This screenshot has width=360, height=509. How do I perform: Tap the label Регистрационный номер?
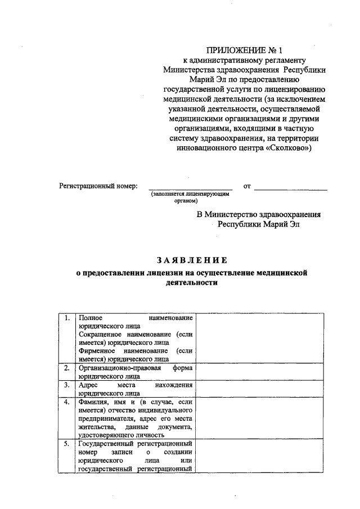coord(98,186)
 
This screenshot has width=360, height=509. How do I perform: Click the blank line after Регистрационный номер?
coord(190,187)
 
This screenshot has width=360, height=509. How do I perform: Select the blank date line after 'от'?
coord(291,187)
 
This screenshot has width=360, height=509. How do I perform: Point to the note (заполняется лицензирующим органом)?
coord(190,196)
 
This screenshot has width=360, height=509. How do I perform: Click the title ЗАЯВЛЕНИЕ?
coord(192,259)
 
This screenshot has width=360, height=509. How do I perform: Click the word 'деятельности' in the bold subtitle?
coord(191,283)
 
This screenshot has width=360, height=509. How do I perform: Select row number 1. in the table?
coord(66,318)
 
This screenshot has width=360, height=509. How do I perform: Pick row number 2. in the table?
coord(66,368)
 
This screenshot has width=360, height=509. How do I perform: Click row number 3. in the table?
coord(66,385)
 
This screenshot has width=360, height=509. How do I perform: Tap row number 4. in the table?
coord(66,402)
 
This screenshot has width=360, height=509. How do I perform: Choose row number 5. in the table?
coord(66,444)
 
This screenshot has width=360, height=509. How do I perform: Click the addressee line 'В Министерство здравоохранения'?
coord(259,214)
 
